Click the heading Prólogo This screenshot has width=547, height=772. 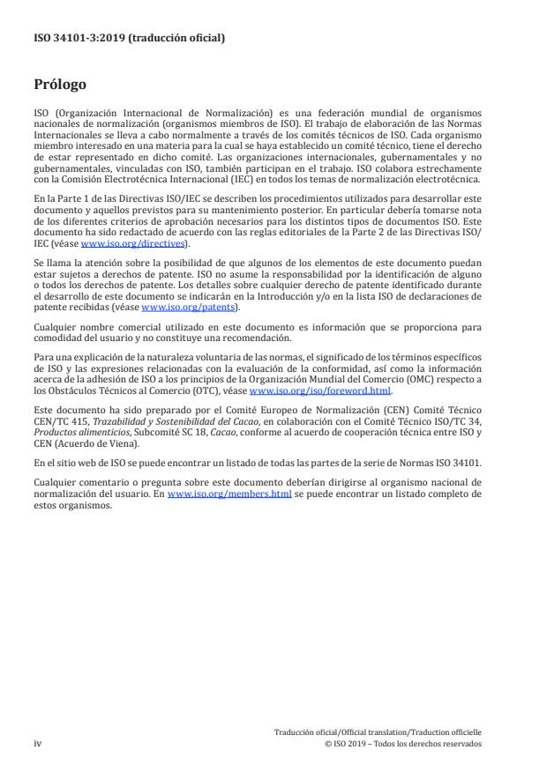point(59,85)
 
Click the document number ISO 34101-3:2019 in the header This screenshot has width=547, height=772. point(79,38)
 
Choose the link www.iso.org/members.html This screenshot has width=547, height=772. point(229,495)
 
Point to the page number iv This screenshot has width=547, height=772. point(38,743)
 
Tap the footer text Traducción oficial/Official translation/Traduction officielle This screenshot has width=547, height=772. point(378,732)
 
